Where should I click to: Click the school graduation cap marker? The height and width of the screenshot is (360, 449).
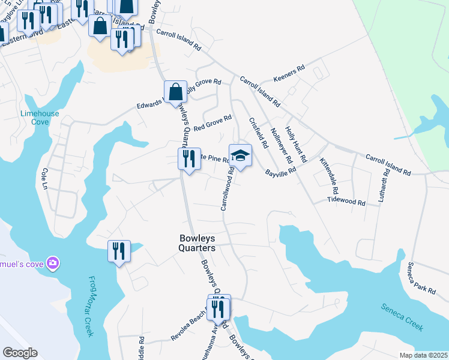(x=240, y=155)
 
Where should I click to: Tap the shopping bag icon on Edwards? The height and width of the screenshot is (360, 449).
(x=175, y=92)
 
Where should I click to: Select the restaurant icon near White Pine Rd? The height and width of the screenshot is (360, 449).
(x=189, y=160)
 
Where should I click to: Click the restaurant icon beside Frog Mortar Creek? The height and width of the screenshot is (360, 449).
(x=119, y=250)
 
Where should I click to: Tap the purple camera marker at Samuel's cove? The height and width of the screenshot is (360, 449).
(x=53, y=263)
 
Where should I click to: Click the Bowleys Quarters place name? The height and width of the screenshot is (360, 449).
(x=197, y=243)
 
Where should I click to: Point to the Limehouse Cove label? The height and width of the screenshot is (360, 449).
(x=34, y=116)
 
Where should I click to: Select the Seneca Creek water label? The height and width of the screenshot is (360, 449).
(x=402, y=316)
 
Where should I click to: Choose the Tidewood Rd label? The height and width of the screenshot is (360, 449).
(x=346, y=201)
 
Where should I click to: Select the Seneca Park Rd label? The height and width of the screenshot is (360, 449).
(x=421, y=278)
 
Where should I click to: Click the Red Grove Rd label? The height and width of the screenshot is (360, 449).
(x=212, y=122)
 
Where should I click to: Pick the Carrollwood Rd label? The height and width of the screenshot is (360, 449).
(x=227, y=188)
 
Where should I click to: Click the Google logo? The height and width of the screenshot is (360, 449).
(x=20, y=353)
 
